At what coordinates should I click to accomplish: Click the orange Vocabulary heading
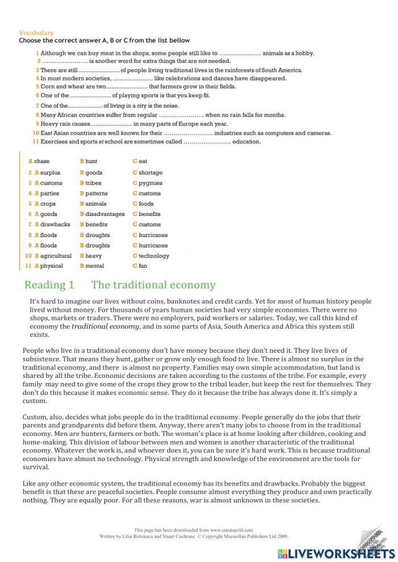36,33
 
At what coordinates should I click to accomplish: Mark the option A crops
45,203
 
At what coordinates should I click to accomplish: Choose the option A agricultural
53,256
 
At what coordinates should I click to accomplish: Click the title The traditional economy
154,285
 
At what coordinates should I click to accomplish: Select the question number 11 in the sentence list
35,141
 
